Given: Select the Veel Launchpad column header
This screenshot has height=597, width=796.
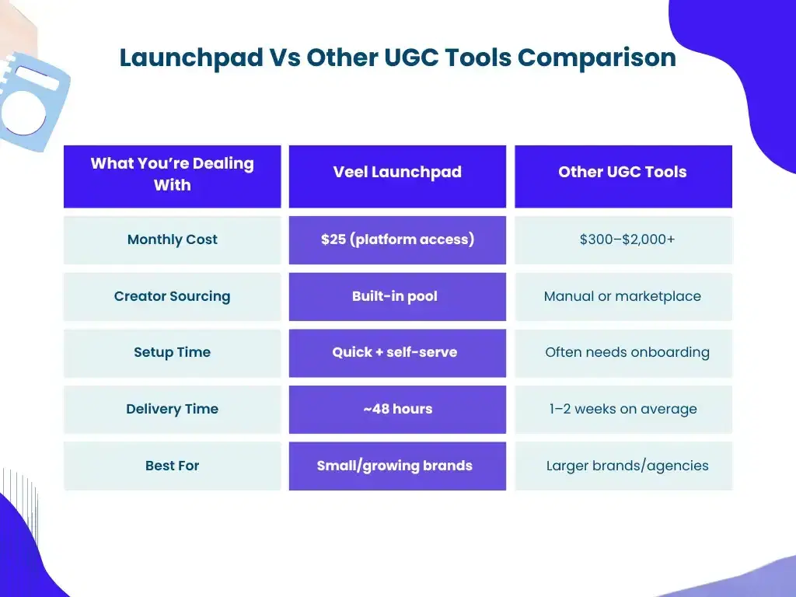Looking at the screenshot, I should click(397, 173).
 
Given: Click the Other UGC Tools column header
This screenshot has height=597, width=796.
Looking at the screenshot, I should click(623, 173).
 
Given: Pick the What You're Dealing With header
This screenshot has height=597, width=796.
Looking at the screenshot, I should click(172, 174).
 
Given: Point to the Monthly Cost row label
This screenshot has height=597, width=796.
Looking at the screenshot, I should click(172, 239).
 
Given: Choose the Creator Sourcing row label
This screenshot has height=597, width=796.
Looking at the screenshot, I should click(172, 296).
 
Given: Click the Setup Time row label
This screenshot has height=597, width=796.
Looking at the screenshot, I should click(172, 352).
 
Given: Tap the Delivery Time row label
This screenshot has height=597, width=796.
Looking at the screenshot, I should click(172, 409).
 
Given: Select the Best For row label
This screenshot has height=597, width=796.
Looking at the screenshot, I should click(172, 466).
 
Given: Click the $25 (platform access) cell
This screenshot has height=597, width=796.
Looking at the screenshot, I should click(397, 239).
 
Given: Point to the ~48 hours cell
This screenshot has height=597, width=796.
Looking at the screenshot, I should click(397, 409).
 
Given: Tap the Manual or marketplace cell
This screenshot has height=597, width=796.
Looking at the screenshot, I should click(623, 296).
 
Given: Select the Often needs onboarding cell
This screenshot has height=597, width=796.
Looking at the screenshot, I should click(627, 352).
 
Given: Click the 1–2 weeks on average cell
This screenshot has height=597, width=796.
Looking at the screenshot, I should click(623, 409).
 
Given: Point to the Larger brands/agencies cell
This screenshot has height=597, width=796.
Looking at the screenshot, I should click(627, 466).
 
